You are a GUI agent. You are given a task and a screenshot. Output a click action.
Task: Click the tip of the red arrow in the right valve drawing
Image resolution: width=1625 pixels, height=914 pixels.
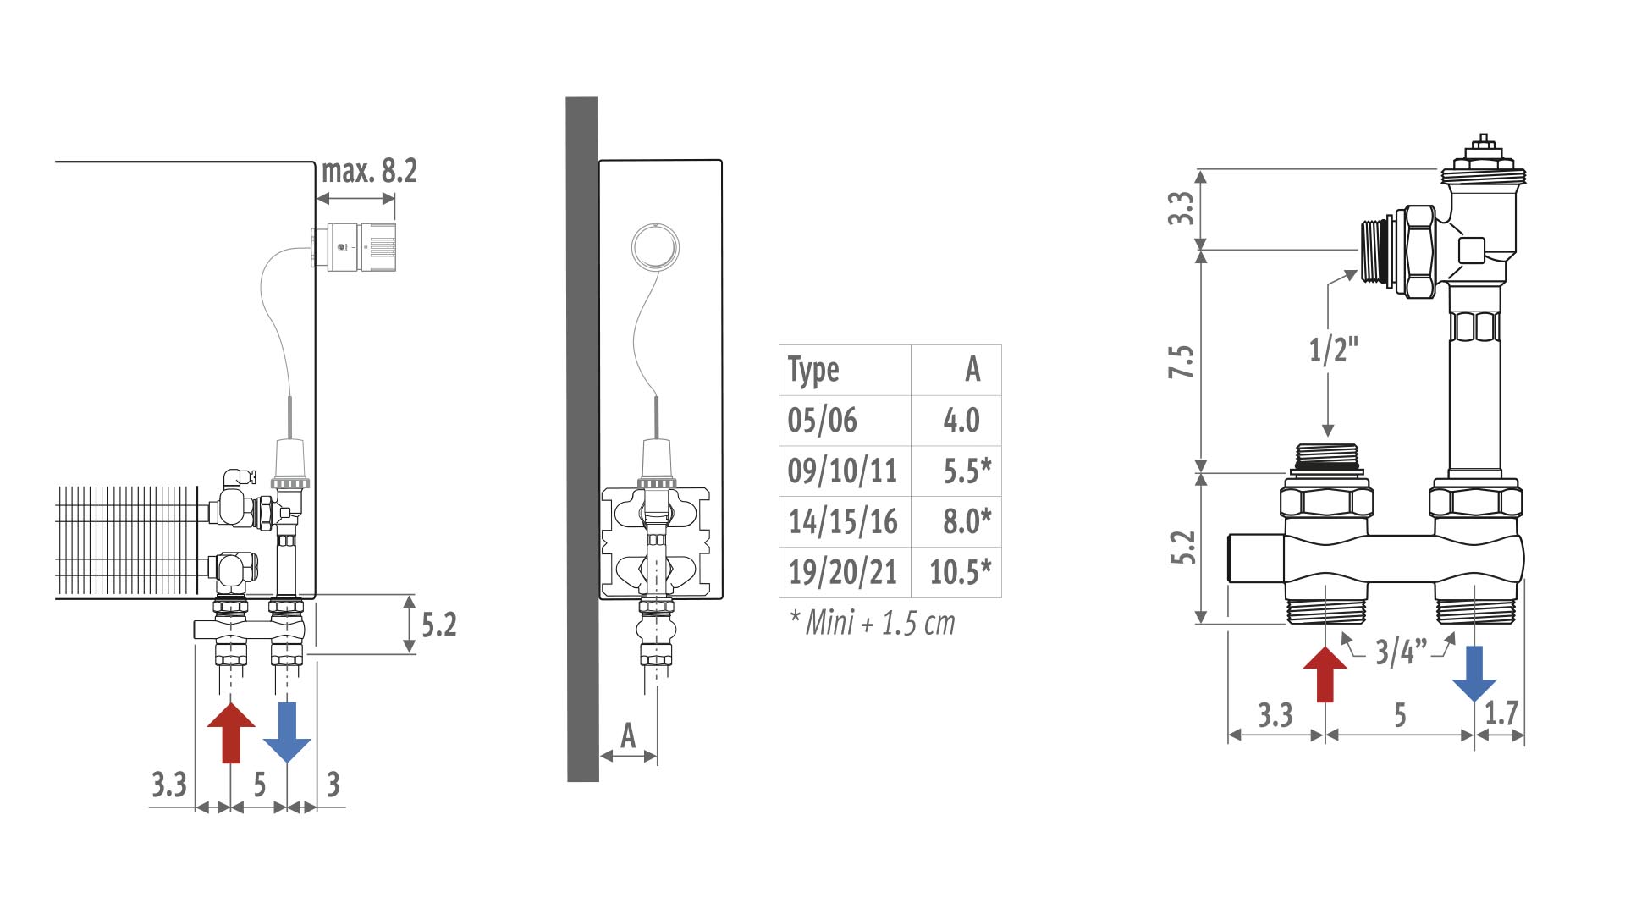click(x=1325, y=647)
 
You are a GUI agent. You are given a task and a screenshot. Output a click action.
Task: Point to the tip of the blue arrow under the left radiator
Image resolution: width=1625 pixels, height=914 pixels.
click(x=287, y=763)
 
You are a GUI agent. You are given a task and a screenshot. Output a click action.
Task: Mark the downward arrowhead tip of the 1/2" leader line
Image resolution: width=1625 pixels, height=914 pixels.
click(x=1327, y=437)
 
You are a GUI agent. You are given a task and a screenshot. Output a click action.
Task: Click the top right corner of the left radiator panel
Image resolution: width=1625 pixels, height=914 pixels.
click(x=315, y=162)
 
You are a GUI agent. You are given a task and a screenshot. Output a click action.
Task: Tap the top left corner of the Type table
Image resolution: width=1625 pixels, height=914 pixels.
click(x=779, y=344)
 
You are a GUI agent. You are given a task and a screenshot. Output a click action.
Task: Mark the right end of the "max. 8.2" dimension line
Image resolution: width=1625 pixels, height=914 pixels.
click(x=395, y=199)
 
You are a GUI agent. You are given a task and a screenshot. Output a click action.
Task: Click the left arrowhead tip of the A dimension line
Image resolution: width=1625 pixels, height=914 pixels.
click(x=600, y=756)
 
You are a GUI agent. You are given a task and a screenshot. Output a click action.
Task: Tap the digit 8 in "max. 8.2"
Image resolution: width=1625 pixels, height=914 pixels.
click(x=388, y=171)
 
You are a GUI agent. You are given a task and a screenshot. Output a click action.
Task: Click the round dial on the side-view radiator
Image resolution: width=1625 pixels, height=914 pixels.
click(x=656, y=245)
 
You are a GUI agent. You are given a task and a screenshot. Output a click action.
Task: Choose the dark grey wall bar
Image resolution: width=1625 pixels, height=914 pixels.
click(x=582, y=439)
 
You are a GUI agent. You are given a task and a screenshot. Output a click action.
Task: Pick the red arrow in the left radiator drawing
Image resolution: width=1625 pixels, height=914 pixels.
click(x=231, y=732)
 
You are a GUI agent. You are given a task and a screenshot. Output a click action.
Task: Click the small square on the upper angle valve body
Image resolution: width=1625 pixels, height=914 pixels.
click(x=1472, y=250)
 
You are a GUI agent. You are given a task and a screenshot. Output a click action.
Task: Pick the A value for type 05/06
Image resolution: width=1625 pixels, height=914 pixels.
click(x=961, y=421)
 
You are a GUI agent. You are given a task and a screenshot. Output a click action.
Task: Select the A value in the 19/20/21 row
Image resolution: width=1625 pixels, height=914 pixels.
click(x=961, y=573)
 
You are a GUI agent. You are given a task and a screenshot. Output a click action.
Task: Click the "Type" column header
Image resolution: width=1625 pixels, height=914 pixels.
click(x=813, y=371)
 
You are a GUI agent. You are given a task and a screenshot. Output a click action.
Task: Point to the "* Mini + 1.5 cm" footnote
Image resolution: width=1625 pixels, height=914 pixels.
click(x=872, y=623)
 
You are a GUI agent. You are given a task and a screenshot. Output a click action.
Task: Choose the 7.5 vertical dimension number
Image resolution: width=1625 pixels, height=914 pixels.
click(x=1182, y=361)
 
